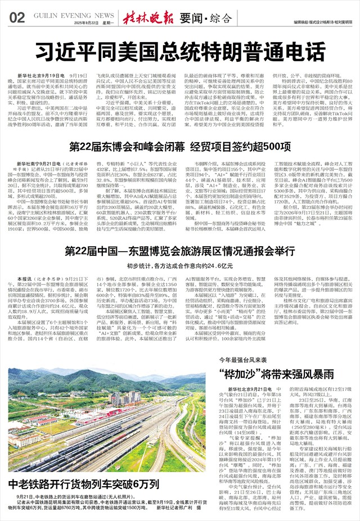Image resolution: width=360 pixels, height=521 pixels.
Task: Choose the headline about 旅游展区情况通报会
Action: coord(180,251)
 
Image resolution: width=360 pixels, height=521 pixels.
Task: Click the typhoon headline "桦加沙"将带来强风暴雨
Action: coord(284,374)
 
